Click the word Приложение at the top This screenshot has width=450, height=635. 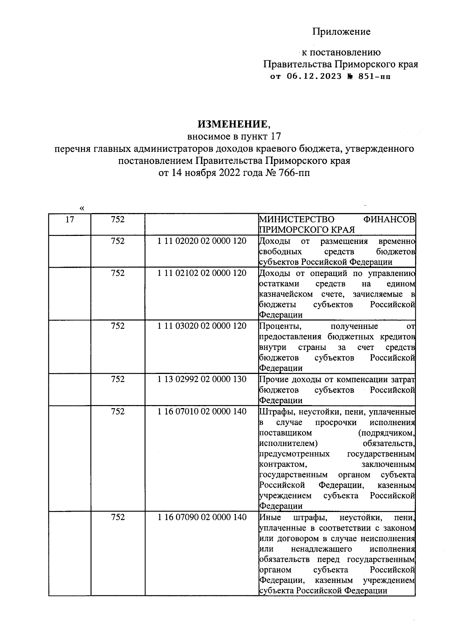tap(342, 32)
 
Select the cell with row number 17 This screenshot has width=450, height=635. tap(70, 219)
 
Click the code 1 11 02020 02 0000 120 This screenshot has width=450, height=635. tap(202, 241)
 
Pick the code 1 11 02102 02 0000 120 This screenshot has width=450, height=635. tap(202, 273)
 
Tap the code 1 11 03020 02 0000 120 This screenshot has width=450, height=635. tap(202, 326)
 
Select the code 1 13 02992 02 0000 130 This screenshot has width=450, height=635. tap(202, 379)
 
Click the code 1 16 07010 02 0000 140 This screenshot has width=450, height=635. tap(202, 411)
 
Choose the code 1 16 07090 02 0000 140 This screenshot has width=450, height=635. tap(202, 517)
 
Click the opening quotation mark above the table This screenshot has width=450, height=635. tap(82, 208)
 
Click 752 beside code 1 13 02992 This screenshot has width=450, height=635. tap(118, 379)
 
